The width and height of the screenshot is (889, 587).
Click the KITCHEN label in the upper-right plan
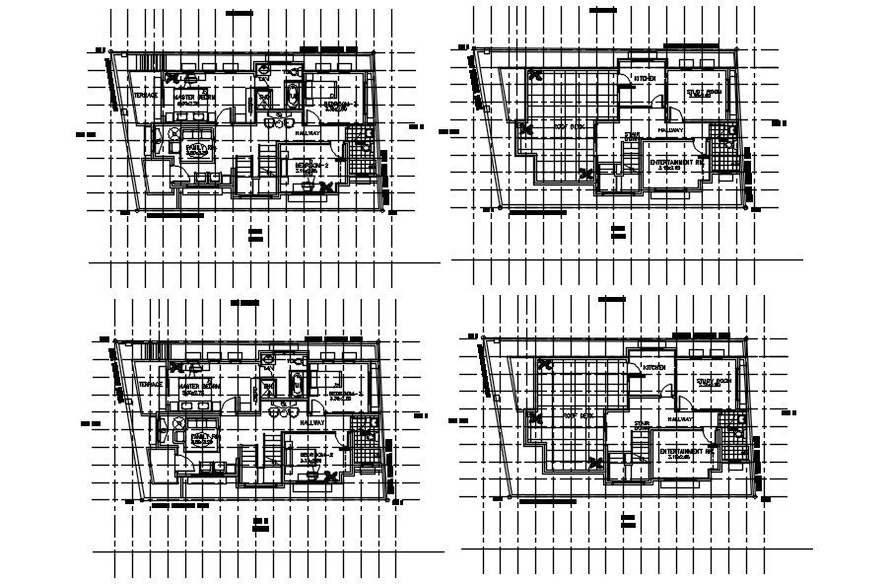pyautogui.click(x=646, y=78)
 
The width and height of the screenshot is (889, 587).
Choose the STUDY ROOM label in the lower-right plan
pyautogui.click(x=711, y=380)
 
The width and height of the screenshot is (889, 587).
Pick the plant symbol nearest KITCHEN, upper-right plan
pyautogui.click(x=538, y=74)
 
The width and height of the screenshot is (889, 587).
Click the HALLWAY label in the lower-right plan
pyautogui.click(x=680, y=418)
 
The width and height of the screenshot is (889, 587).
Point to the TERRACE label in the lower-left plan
pyautogui.click(x=151, y=384)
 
